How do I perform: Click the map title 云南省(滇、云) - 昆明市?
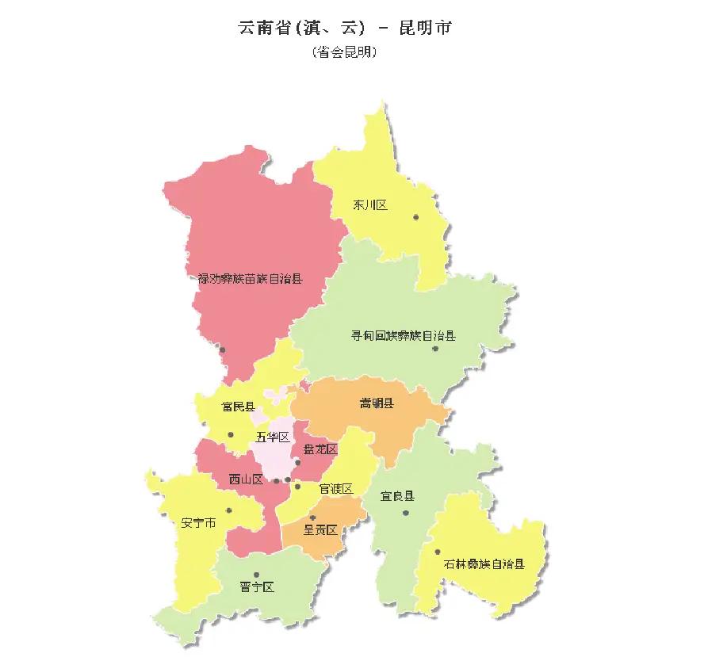pos(345,27)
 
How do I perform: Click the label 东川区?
pos(370,205)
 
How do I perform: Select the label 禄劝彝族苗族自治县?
pos(251,278)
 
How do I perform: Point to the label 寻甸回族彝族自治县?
pos(404,336)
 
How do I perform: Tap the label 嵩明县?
pos(377,403)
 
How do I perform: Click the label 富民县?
pos(239,407)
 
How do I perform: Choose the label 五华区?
pos(273,437)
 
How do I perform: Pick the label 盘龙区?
pos(321,449)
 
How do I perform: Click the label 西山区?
pos(246,479)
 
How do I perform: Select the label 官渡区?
pos(335,489)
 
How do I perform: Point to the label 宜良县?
pos(397,496)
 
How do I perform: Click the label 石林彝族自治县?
pos(484,565)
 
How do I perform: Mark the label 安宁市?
pos(198,523)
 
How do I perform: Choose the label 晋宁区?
pos(257,587)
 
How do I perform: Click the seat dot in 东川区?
pos(415,216)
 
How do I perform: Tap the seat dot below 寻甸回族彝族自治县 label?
pos(435,349)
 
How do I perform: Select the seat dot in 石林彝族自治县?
pos(437,552)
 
